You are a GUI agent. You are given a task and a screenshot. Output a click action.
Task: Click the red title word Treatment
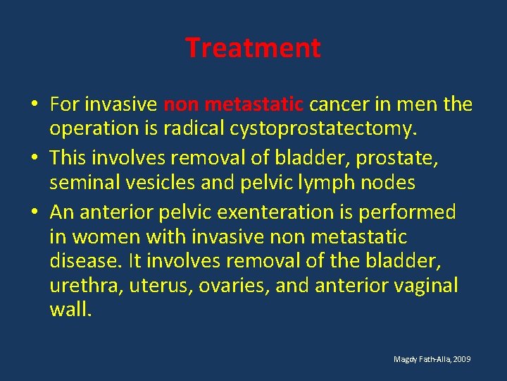tap(253, 48)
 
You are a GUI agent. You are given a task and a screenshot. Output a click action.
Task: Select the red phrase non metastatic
tap(233, 105)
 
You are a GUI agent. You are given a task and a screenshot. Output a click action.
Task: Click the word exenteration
tap(270, 212)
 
